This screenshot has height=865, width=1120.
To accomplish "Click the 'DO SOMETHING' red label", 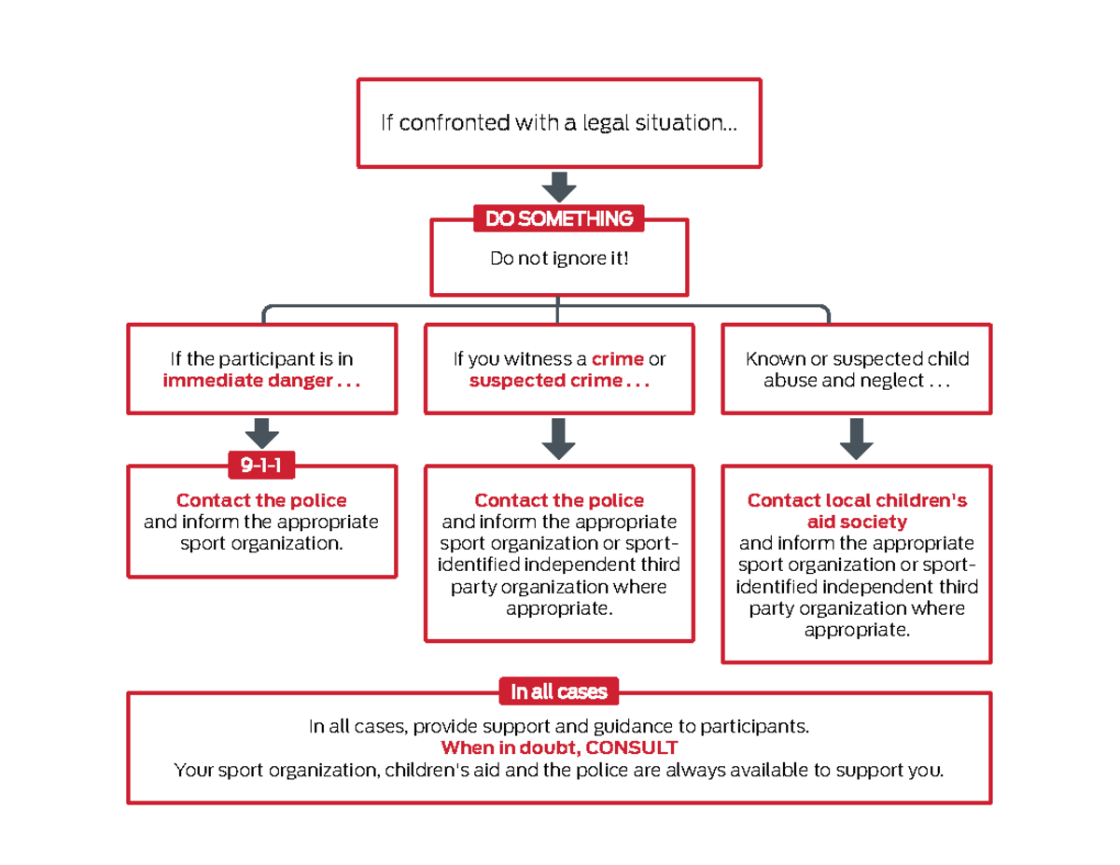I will click(558, 218).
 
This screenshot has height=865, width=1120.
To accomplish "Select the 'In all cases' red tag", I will click(558, 691).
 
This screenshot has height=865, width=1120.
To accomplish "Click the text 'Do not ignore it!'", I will click(559, 258).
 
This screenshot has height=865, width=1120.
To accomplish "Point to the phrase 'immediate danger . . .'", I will click(261, 380).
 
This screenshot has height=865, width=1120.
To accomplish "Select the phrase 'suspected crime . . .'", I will click(559, 380).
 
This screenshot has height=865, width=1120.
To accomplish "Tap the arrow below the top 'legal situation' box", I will click(559, 187).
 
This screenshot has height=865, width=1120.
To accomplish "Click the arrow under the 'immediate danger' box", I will click(262, 433).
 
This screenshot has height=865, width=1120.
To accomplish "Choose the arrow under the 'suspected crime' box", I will click(559, 438).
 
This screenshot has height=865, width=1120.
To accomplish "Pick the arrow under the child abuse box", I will click(856, 438).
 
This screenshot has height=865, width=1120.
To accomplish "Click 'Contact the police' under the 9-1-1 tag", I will click(261, 501).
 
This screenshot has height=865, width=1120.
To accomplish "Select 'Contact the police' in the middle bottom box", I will click(559, 501).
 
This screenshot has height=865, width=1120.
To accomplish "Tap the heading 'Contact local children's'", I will click(857, 501).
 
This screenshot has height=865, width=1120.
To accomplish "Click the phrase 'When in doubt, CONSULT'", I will click(559, 749).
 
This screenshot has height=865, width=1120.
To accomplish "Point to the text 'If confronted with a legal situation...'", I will click(558, 122).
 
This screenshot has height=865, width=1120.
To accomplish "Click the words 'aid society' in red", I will click(857, 522).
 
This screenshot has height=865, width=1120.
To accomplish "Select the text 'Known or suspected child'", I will click(857, 359).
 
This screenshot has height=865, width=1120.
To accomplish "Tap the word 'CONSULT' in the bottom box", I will click(632, 749).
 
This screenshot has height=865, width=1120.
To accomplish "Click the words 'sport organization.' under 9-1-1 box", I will click(261, 542).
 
